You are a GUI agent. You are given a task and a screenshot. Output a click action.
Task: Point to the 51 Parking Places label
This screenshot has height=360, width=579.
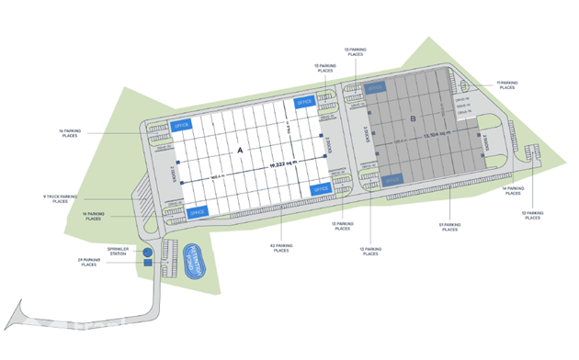448,227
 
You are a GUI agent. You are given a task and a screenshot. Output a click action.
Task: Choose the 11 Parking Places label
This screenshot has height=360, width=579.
506,84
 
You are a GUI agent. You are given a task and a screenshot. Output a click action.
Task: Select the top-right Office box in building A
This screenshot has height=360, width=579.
305,101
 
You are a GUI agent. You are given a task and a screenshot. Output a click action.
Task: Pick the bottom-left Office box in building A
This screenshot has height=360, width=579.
197,211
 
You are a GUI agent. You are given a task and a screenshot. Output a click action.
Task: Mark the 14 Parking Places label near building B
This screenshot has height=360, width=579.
512,191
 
